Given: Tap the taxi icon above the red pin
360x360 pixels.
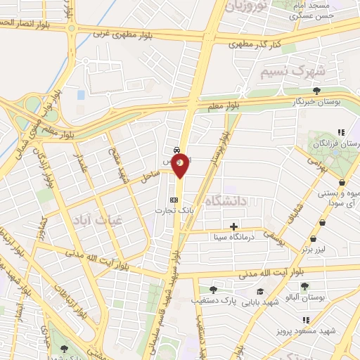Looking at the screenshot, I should click(174, 150).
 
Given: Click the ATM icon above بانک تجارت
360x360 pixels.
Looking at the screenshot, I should click(174, 198).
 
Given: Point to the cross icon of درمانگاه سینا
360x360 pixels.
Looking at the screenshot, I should click(234, 226).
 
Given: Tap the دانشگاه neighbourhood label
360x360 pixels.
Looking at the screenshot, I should click(226, 201).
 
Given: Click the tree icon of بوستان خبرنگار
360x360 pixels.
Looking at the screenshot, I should click(318, 91).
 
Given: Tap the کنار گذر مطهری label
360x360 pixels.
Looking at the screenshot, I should click(255, 44).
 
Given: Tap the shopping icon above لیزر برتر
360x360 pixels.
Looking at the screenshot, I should click(322, 223).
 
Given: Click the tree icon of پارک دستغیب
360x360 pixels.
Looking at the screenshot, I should click(214, 289).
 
